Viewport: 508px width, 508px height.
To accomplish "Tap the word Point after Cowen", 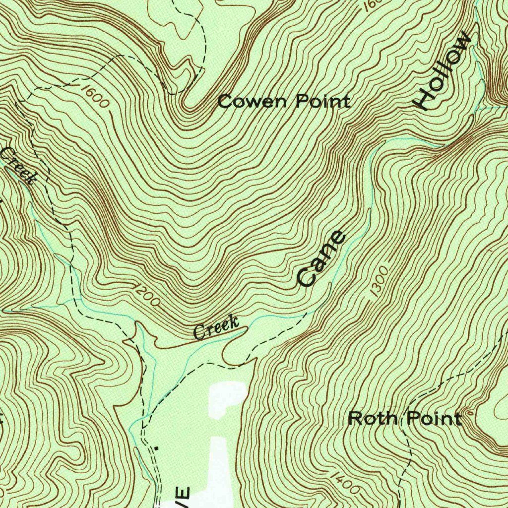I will (323, 102).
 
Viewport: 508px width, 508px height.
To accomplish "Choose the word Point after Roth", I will (434, 419).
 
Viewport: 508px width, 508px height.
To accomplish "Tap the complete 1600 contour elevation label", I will (94, 96).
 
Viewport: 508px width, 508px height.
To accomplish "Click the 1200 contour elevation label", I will (146, 295).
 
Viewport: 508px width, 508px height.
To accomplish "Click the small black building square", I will (157, 448).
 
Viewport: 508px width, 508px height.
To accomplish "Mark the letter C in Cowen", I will (225, 102).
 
